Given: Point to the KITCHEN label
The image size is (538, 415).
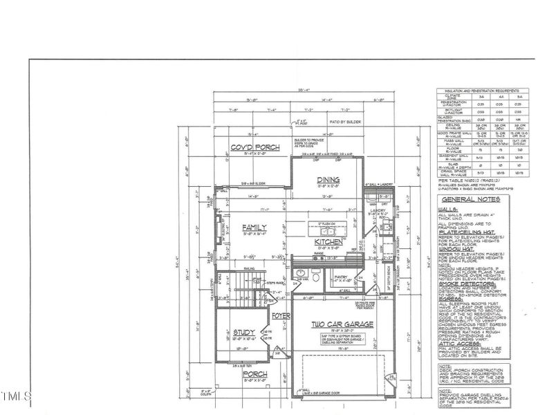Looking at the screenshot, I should coord(326,242).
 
